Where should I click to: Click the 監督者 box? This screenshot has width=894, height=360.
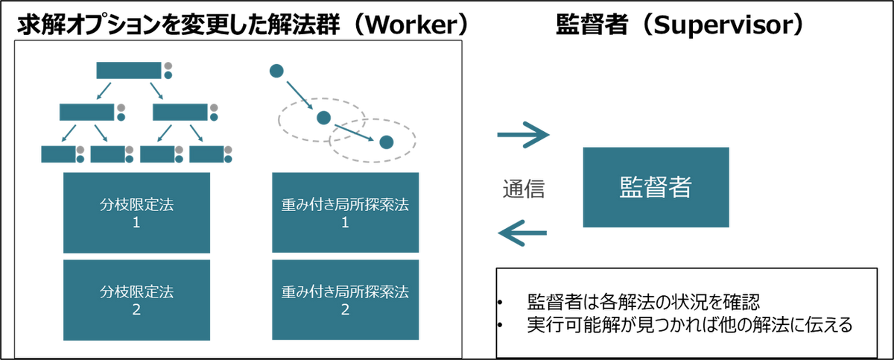click(655, 187)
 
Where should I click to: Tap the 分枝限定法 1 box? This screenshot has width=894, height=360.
click(136, 212)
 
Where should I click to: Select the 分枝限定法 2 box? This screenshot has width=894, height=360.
click(136, 300)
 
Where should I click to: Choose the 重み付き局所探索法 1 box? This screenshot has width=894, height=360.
click(345, 212)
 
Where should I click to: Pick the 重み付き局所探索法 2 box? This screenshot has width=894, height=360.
click(345, 300)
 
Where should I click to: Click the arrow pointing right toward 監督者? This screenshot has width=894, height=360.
click(524, 135)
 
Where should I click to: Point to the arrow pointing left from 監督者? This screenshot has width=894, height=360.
click(523, 234)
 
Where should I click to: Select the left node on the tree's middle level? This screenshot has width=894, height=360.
click(86, 112)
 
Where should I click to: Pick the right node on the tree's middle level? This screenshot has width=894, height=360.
click(180, 112)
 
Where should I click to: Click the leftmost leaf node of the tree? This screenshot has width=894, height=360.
click(57, 154)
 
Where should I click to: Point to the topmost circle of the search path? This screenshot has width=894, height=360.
click(277, 71)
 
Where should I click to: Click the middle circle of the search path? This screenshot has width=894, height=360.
click(322, 117)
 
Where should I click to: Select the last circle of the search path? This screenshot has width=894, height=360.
click(385, 140)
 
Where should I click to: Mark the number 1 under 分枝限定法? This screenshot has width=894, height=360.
click(136, 222)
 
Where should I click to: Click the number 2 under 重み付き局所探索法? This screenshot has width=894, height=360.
click(345, 309)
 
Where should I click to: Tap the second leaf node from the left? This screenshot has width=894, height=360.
click(109, 154)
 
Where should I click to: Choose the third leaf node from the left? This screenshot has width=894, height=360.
click(158, 154)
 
